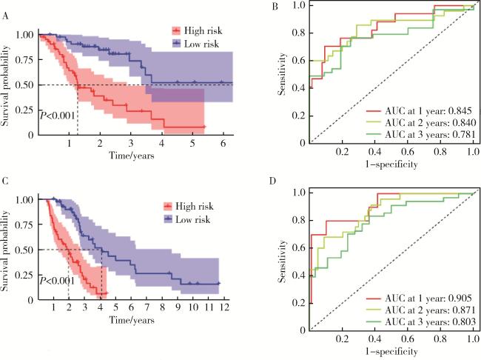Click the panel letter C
7,181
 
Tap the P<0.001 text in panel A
58,116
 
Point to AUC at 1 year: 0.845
419,109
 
